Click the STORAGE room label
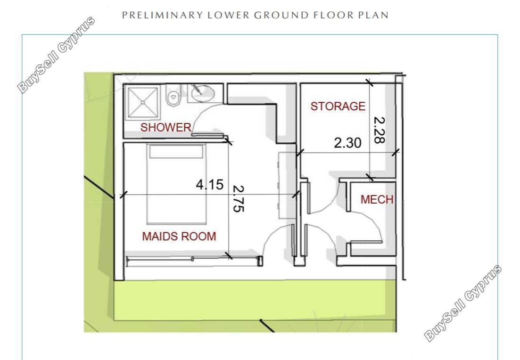(x=338, y=106)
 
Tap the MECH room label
(x=377, y=199)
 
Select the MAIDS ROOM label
(x=179, y=236)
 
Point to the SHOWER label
(x=166, y=127)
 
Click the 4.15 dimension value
(x=210, y=184)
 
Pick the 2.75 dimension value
(x=239, y=198)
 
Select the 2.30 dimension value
(x=347, y=143)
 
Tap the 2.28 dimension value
(x=380, y=130)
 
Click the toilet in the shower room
(x=173, y=95)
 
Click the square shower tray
(x=143, y=102)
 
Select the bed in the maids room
(x=176, y=184)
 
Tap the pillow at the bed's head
(x=176, y=152)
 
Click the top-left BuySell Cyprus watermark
(x=56, y=55)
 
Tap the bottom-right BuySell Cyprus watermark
(x=463, y=303)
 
